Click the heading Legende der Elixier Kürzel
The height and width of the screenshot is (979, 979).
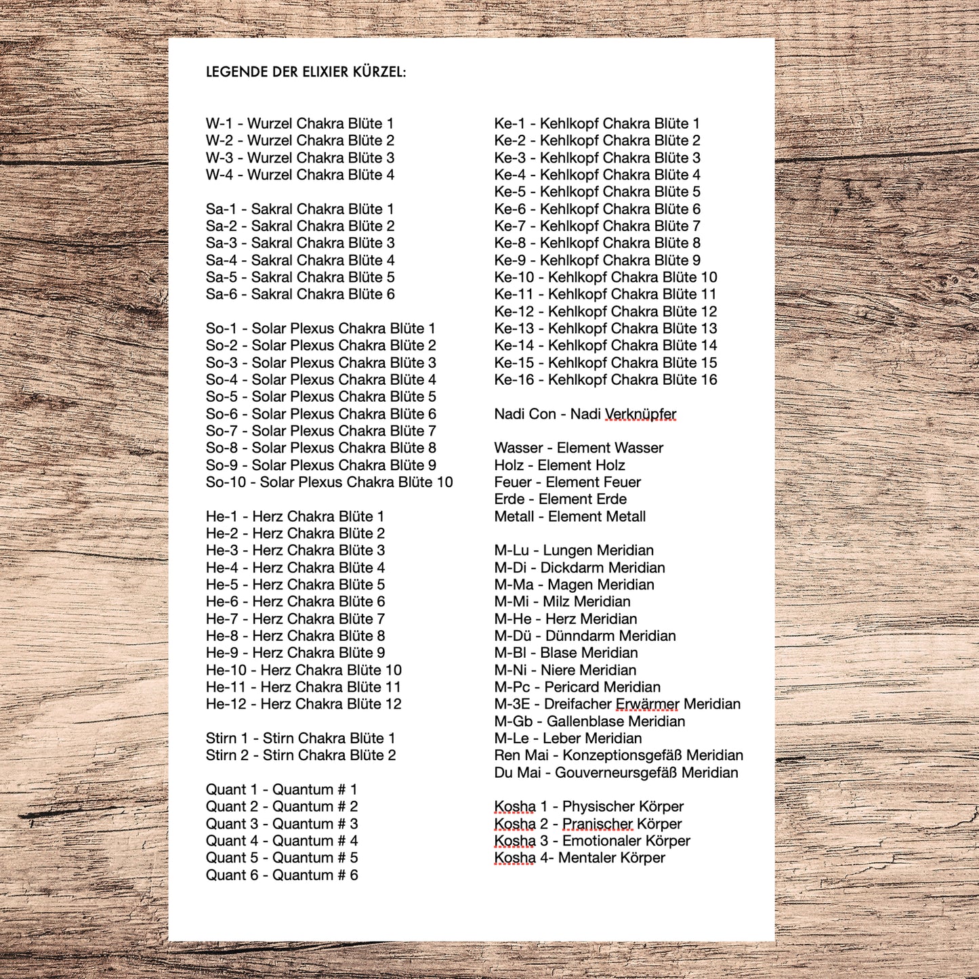point(306,72)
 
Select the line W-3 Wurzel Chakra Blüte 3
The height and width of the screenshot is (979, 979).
point(299,158)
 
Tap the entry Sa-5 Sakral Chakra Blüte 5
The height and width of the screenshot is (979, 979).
point(299,277)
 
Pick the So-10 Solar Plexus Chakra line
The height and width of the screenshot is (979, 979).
point(329,482)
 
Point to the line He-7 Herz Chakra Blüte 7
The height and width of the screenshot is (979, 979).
point(295,619)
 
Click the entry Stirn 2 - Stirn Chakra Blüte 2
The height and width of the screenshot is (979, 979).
point(300,755)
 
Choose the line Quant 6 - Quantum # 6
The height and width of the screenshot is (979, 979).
point(282,875)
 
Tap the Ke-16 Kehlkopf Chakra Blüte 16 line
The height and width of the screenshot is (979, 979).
point(605,380)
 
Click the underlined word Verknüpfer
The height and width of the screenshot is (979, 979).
point(640,414)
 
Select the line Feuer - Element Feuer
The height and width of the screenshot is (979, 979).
point(567,482)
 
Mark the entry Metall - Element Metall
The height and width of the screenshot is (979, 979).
point(569,517)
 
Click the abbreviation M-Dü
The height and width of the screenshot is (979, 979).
point(513,636)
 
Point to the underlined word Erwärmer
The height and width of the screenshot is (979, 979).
point(647,705)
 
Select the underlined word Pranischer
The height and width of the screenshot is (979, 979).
point(598,825)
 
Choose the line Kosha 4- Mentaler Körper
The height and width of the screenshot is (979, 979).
point(579,858)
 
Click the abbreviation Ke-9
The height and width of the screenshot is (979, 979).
point(509,261)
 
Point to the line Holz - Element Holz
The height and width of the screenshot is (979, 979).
point(559,465)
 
